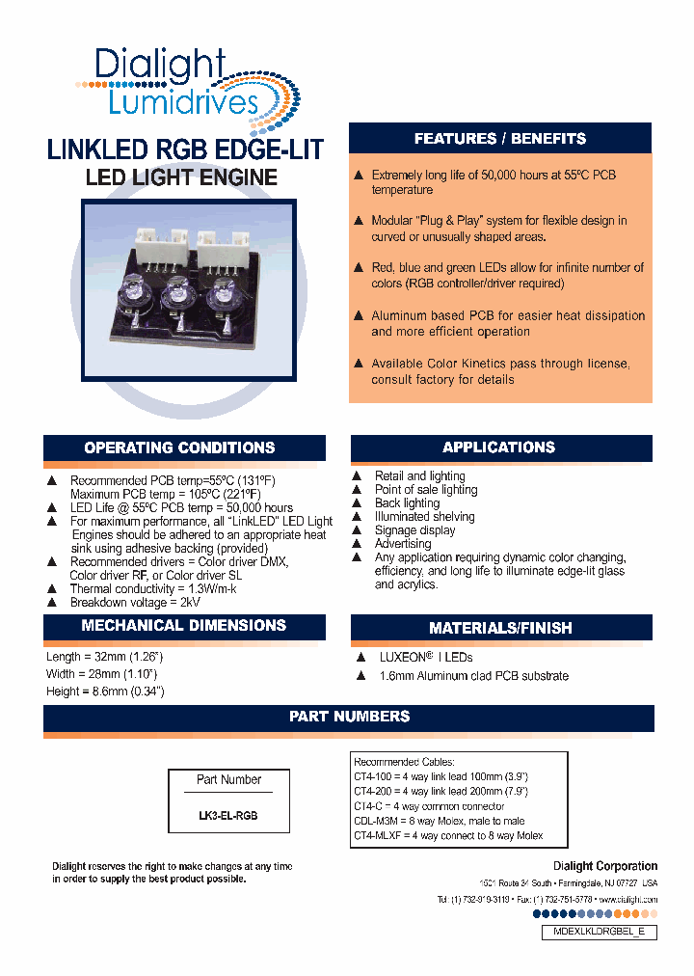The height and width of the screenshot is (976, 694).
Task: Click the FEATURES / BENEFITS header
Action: [499, 139]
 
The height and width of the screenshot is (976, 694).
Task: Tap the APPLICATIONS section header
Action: [499, 447]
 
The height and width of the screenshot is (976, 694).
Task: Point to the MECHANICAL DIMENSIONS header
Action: [183, 625]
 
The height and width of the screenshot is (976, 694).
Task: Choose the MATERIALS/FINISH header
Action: [499, 628]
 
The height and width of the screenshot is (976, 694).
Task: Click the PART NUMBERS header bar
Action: [349, 717]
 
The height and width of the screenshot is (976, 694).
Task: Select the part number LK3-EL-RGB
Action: [227, 815]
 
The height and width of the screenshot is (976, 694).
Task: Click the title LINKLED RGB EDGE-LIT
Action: [185, 150]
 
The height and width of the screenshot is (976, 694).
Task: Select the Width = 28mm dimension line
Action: [102, 674]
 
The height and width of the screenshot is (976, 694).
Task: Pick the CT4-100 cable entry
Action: [440, 776]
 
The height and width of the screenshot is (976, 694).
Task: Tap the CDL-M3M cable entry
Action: [439, 821]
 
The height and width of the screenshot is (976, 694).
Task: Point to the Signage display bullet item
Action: [414, 530]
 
